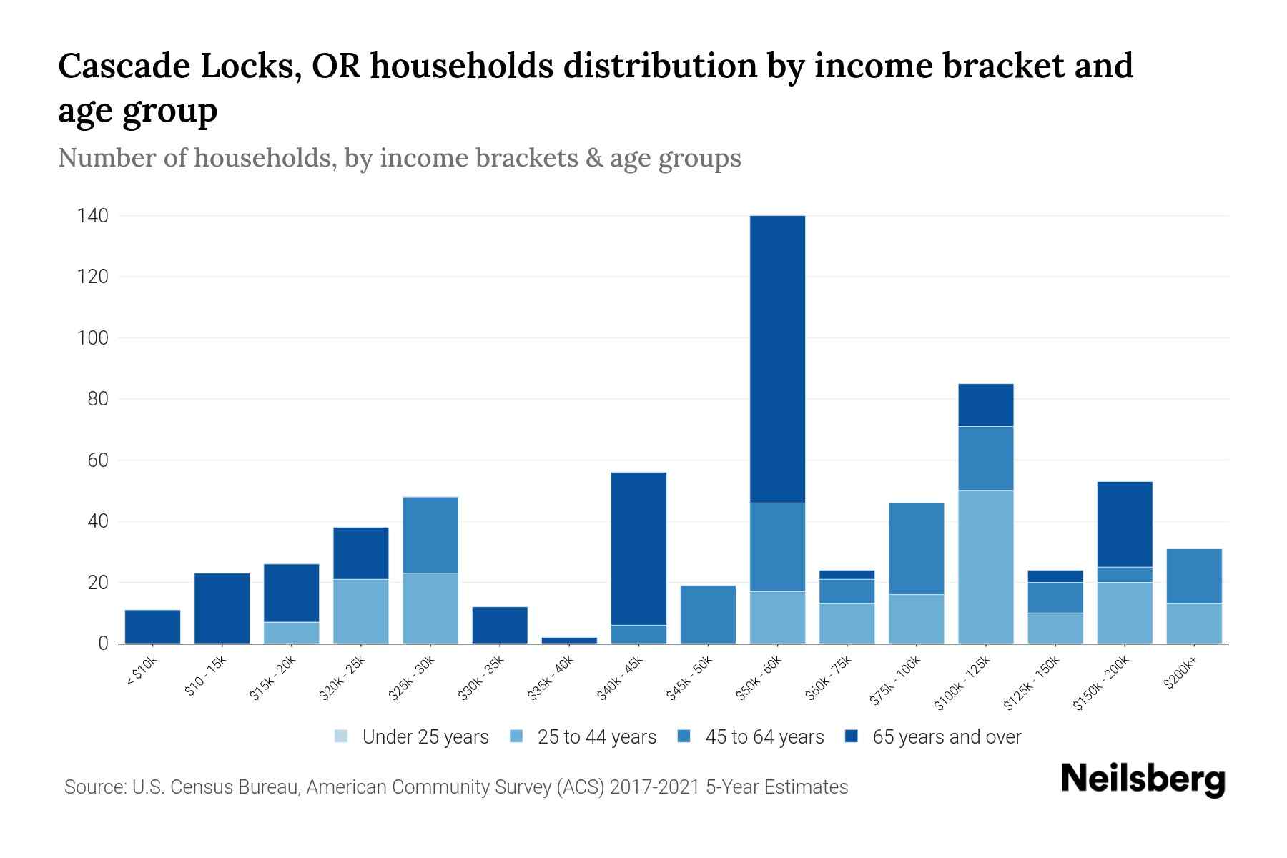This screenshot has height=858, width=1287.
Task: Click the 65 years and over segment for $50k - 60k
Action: (x=777, y=357)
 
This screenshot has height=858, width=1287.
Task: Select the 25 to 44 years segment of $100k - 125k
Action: (x=985, y=566)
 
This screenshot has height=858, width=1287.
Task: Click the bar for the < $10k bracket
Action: (x=152, y=626)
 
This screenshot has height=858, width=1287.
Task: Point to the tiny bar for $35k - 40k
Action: (x=569, y=640)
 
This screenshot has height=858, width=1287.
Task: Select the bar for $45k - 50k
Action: (x=708, y=614)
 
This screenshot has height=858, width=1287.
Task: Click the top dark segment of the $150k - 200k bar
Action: (x=1124, y=524)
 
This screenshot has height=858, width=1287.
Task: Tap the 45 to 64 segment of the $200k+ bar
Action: (x=1193, y=576)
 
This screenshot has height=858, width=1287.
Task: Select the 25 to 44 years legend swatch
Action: (x=516, y=736)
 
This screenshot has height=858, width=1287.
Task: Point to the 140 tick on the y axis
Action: (x=93, y=216)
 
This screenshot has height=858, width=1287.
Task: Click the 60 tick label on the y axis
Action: (x=98, y=460)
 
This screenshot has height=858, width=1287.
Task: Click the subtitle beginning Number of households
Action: (x=399, y=158)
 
